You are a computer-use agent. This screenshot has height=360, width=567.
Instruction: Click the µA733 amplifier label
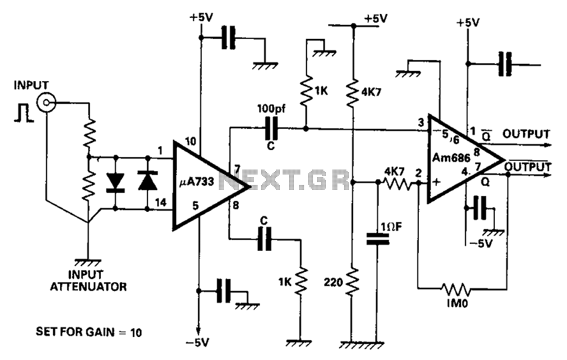(x=197, y=182)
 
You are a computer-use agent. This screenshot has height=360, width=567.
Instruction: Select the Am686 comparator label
(x=451, y=158)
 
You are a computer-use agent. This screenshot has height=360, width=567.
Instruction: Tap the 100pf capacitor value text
(x=271, y=109)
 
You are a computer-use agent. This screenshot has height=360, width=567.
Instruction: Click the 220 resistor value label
(x=333, y=282)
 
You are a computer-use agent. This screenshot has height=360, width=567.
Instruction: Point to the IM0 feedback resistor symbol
(x=456, y=289)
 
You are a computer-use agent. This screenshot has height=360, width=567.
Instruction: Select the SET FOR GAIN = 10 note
(x=89, y=332)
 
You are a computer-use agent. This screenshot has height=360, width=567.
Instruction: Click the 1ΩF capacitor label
(x=391, y=227)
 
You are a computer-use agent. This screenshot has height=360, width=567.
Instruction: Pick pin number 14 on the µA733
(x=160, y=202)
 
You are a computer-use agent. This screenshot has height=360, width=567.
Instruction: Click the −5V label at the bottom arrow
(x=197, y=342)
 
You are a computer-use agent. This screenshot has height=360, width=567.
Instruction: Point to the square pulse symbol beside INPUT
(x=24, y=112)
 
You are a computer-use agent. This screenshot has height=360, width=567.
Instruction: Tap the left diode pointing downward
(x=116, y=182)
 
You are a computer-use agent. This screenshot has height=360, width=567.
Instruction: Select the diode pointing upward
(x=147, y=181)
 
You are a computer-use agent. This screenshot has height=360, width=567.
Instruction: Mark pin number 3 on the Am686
(x=421, y=123)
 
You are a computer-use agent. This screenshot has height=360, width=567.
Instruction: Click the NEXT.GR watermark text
(x=284, y=179)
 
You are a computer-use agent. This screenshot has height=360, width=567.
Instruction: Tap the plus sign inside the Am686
(x=437, y=181)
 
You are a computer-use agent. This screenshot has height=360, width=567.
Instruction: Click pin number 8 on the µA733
(x=236, y=206)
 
